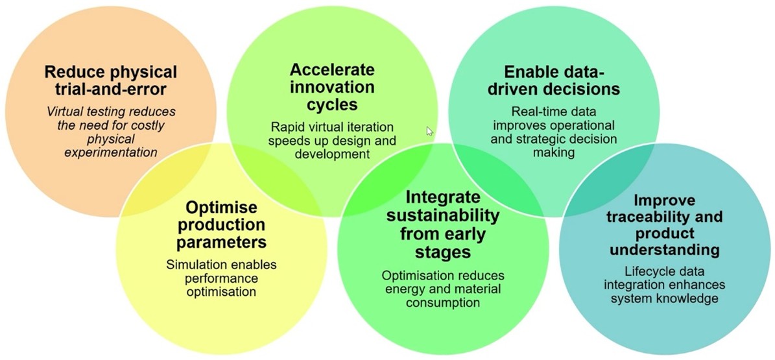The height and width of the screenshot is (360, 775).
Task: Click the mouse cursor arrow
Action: click(x=429, y=130)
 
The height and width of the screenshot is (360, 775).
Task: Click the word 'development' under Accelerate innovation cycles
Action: click(x=332, y=154)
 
